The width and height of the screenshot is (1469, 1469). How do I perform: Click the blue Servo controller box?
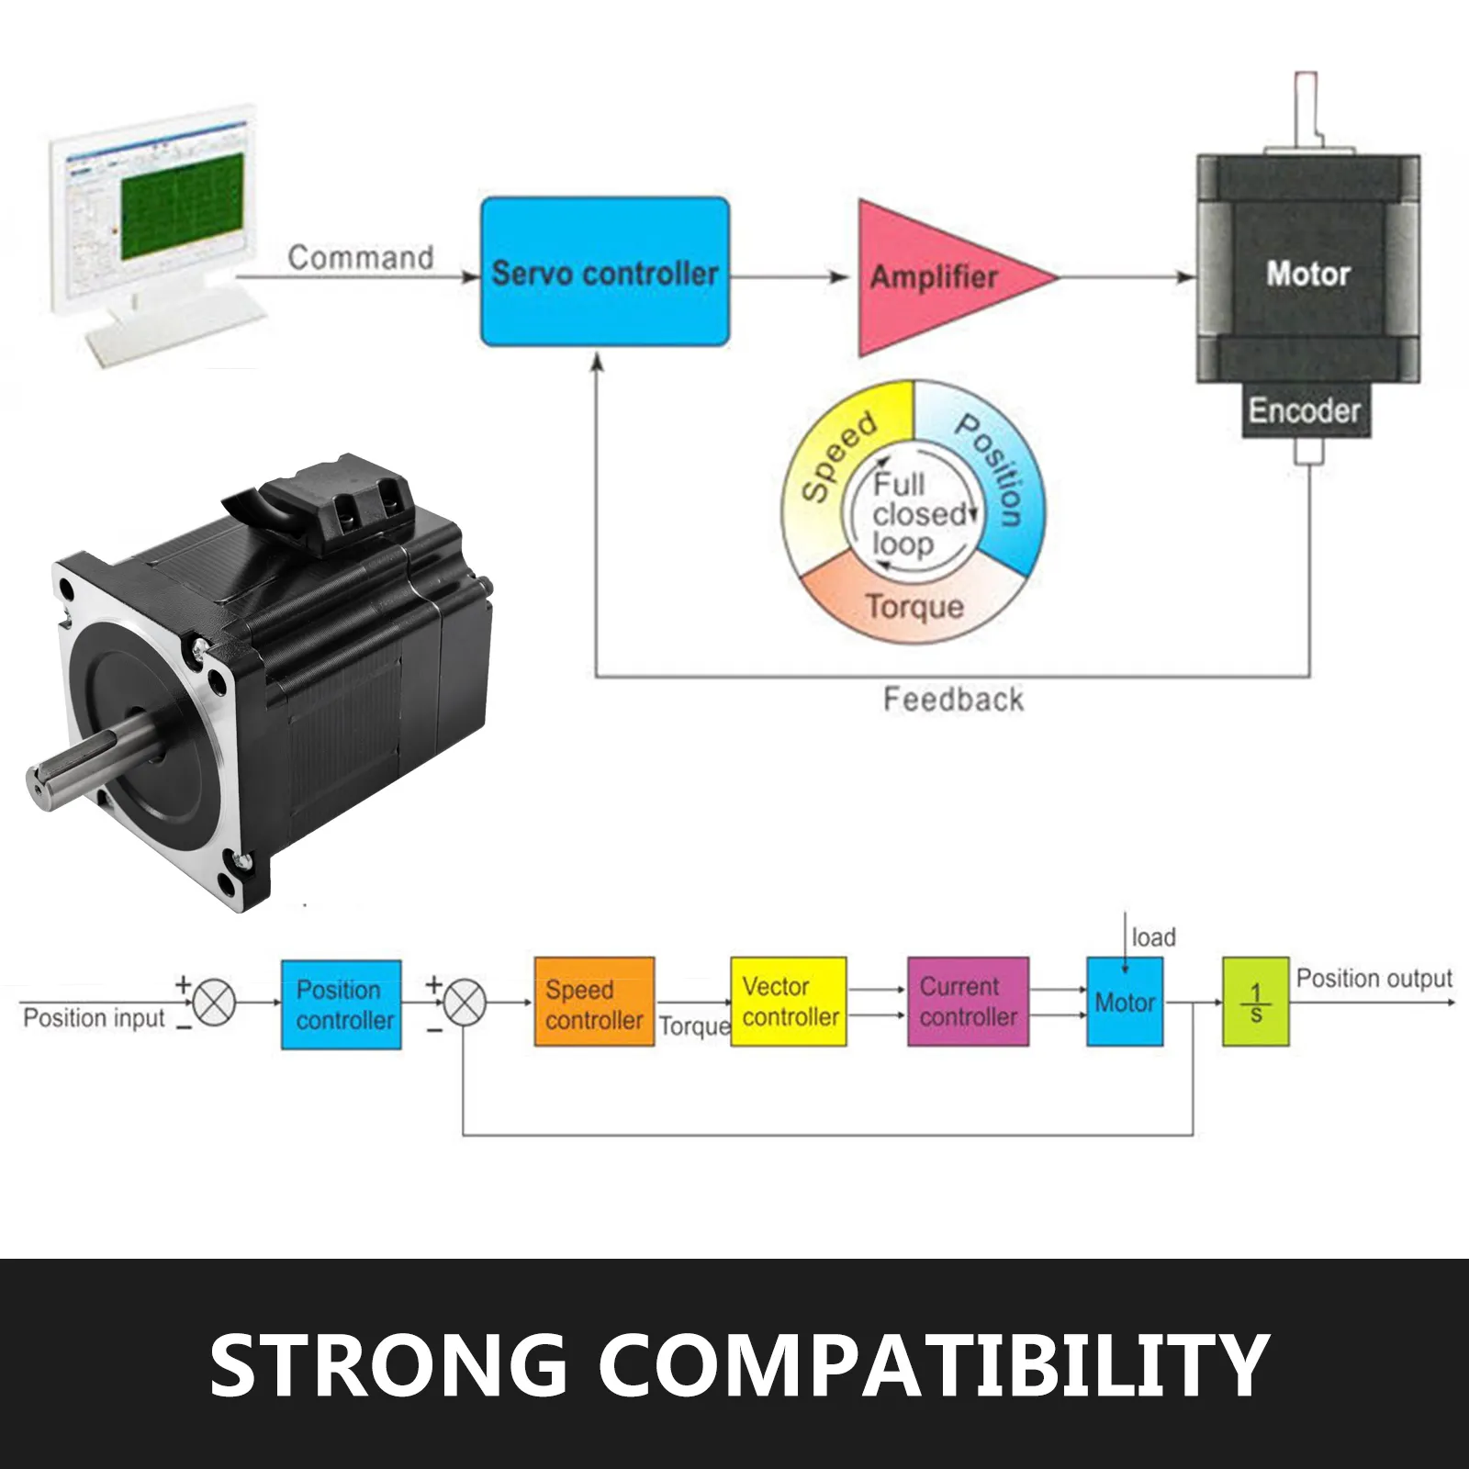pyautogui.click(x=605, y=272)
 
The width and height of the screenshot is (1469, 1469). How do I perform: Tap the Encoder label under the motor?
pyautogui.click(x=1304, y=410)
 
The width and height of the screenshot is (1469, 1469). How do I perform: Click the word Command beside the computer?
pyautogui.click(x=361, y=257)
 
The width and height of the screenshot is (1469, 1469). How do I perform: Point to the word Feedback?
pyautogui.click(x=953, y=700)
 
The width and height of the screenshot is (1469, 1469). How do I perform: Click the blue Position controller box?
pyautogui.click(x=342, y=1004)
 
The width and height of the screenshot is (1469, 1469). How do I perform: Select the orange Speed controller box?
pyautogui.click(x=594, y=1003)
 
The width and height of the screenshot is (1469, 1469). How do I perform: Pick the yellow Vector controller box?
pyautogui.click(x=789, y=1002)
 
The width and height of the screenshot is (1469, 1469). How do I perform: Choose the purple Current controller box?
pyautogui.click(x=968, y=1002)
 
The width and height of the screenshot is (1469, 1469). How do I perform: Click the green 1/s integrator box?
pyautogui.click(x=1256, y=1002)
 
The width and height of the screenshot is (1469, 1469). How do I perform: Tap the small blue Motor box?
pyautogui.click(x=1125, y=1002)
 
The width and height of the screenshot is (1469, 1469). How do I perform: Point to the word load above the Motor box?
pyautogui.click(x=1154, y=937)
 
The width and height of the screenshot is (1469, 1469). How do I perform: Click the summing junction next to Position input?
pyautogui.click(x=214, y=1002)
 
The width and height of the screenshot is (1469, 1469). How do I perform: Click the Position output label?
pyautogui.click(x=1374, y=979)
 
